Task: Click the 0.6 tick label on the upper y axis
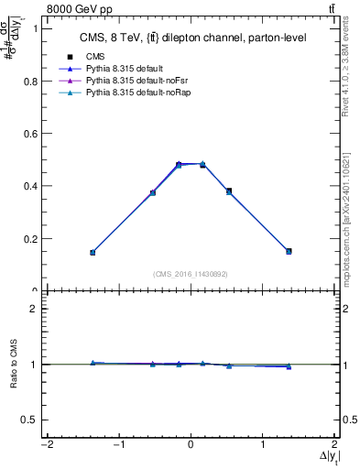click(29, 134)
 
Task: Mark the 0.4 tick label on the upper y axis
click(29, 186)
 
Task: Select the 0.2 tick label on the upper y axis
click(29, 239)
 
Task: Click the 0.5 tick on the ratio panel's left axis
click(29, 420)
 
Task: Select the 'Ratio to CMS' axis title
click(13, 364)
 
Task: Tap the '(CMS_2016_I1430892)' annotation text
click(191, 274)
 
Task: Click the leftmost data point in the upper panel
click(93, 252)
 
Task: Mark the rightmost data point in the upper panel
click(289, 251)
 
